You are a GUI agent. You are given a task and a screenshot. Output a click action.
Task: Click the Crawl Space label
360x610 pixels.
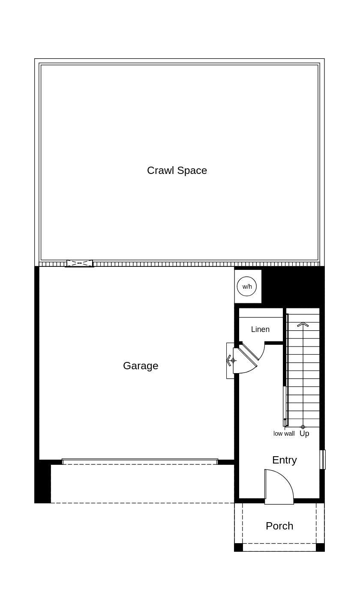click(x=177, y=170)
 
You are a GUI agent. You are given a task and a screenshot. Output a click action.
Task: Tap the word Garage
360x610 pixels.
click(x=141, y=366)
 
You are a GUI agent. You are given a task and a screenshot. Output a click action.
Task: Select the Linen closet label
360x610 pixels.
click(x=260, y=329)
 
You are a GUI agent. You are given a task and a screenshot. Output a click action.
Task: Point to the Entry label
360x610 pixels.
click(x=284, y=460)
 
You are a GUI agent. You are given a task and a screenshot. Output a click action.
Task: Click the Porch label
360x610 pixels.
click(x=279, y=526)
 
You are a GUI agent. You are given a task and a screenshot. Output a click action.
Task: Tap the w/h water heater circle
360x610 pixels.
click(x=247, y=287)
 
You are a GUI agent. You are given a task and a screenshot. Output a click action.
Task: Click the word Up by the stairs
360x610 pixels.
click(x=304, y=434)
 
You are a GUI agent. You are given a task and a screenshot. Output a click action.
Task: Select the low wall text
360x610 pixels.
click(x=284, y=434)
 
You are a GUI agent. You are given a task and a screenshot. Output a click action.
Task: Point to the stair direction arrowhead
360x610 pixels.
click(x=303, y=324)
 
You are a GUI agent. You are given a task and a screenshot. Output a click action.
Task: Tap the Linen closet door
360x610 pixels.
click(x=252, y=351)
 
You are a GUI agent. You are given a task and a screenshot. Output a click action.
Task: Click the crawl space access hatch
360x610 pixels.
click(x=80, y=263)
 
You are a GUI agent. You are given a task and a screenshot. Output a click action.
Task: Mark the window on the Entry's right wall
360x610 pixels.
click(x=323, y=460)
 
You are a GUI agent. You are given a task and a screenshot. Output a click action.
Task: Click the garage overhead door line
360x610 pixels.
click(x=140, y=461)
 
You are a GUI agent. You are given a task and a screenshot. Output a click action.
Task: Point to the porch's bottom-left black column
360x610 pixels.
click(x=238, y=547)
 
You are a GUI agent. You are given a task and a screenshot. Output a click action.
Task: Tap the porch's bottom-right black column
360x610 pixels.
click(x=320, y=547)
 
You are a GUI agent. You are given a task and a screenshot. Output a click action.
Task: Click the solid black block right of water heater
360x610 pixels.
click(x=293, y=285)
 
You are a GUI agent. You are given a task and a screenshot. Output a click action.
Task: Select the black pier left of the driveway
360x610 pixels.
click(x=42, y=482)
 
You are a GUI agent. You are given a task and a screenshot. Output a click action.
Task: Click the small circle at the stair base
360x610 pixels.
click(x=303, y=427)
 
